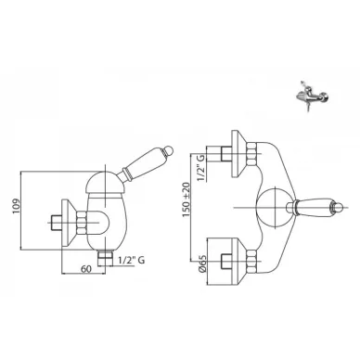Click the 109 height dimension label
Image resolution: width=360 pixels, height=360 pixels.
17,206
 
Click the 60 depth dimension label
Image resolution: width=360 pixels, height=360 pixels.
86,269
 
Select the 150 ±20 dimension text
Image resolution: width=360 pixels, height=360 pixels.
186,199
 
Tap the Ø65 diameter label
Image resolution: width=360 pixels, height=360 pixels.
202,264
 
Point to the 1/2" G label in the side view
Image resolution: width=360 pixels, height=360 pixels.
131,261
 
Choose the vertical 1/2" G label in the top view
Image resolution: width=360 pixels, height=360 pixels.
200,168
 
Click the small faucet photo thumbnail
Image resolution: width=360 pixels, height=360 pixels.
312,96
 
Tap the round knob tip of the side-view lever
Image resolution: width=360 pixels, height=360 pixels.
169,149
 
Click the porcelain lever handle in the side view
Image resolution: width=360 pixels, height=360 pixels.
145,163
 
